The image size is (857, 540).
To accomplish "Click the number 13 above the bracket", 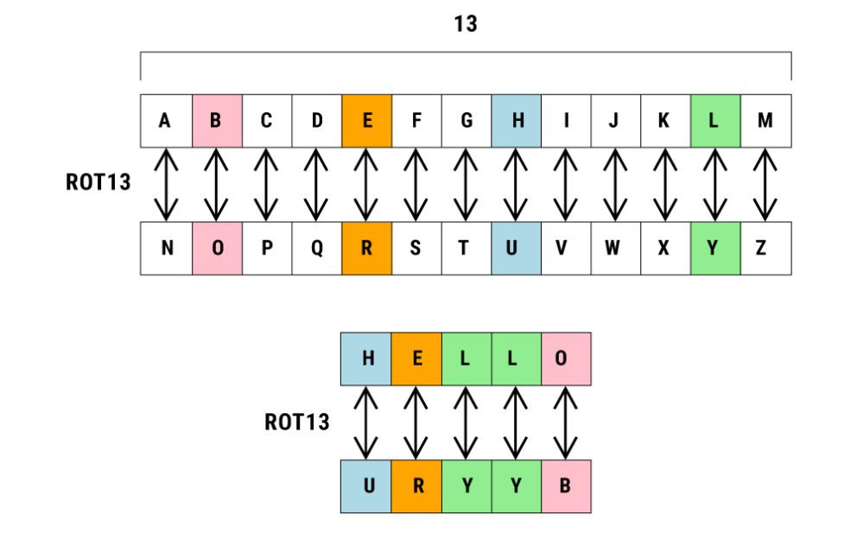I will (x=466, y=24).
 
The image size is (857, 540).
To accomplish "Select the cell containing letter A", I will (x=165, y=121).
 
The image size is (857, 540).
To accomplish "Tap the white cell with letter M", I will (x=765, y=121).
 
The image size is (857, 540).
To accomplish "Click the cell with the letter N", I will (x=167, y=249).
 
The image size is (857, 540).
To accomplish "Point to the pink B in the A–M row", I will (x=216, y=121).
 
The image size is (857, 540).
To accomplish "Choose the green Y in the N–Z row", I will (x=715, y=249).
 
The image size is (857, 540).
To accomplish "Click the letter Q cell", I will (x=317, y=249).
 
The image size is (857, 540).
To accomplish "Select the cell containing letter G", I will (x=467, y=121).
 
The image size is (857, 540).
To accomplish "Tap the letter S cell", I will (x=416, y=249).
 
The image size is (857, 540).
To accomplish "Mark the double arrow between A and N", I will (x=166, y=185).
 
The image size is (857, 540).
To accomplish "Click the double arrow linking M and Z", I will (x=765, y=185).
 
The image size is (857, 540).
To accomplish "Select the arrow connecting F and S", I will (x=416, y=185).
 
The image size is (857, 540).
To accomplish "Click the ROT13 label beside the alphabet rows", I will (x=98, y=183).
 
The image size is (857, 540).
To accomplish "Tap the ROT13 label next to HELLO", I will (x=297, y=422).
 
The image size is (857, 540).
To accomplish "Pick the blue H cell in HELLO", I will (x=367, y=359).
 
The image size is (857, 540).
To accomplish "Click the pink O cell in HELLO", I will (x=565, y=359).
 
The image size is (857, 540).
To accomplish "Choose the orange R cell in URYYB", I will (x=417, y=486).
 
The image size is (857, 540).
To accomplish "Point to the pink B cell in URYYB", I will (x=566, y=486).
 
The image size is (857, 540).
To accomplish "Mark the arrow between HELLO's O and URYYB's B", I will (x=565, y=422).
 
